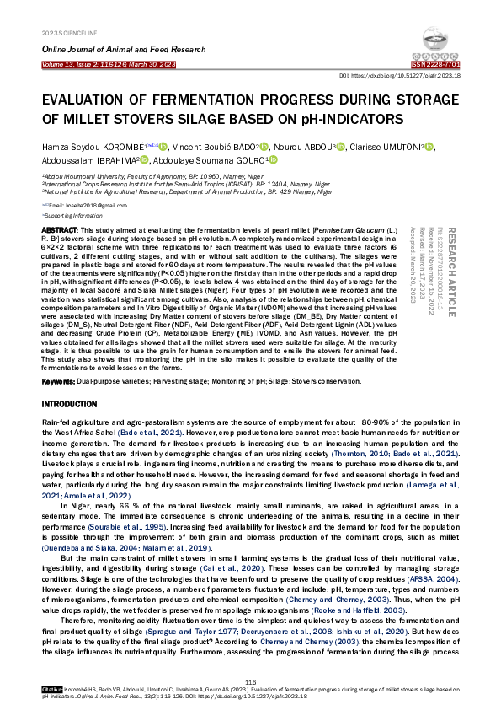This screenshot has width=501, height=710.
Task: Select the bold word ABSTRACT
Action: tap(59, 230)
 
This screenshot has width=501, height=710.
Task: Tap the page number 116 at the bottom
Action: tap(250, 682)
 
